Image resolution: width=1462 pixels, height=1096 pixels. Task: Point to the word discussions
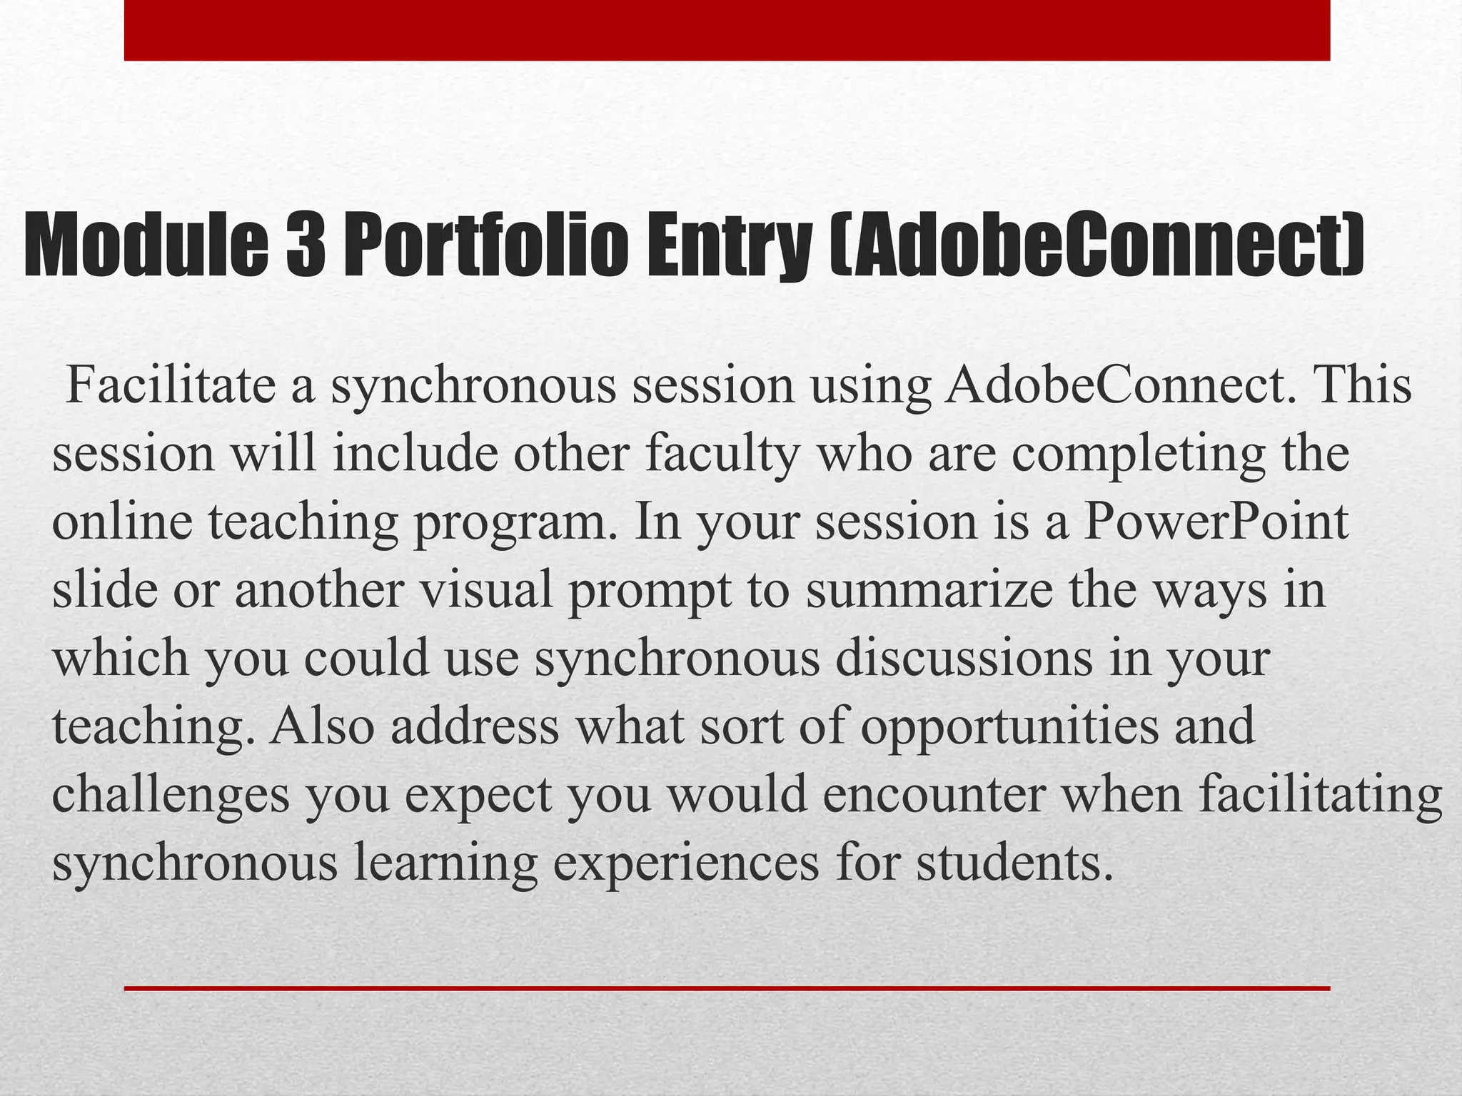(x=964, y=658)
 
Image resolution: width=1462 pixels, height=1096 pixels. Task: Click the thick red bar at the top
(x=727, y=30)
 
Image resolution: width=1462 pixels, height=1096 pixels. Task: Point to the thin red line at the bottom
(x=727, y=988)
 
